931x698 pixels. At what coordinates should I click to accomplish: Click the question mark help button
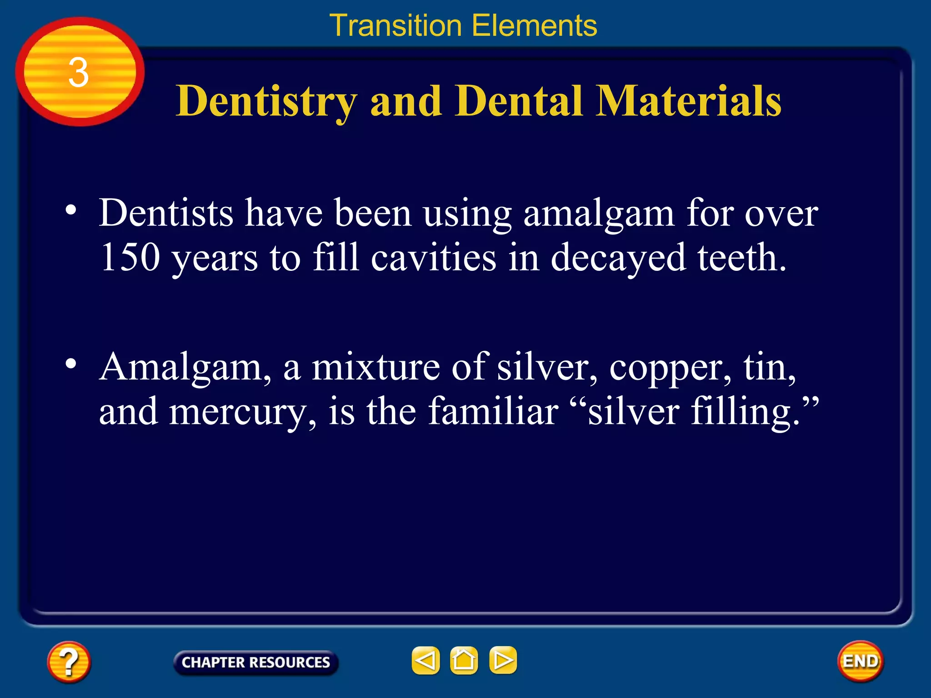(x=69, y=662)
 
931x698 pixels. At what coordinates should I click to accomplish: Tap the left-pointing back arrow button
(x=425, y=660)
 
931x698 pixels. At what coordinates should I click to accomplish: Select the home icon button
(x=464, y=660)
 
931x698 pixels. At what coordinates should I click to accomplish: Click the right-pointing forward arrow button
(x=503, y=660)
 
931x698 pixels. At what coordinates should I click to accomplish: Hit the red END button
(x=860, y=661)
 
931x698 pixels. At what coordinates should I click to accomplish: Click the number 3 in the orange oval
(x=79, y=73)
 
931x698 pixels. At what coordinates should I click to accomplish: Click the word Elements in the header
(x=535, y=25)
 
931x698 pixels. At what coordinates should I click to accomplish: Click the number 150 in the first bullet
(x=130, y=257)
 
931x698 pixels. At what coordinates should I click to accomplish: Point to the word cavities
(x=433, y=257)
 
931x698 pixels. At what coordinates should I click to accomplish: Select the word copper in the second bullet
(x=671, y=367)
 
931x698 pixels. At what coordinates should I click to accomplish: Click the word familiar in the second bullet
(x=493, y=411)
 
